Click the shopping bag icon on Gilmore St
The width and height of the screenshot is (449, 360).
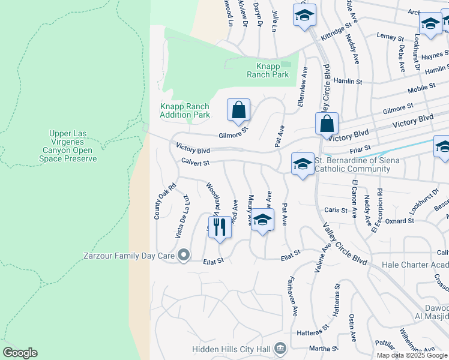(x=238, y=110)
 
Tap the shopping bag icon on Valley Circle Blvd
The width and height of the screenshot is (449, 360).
(x=327, y=124)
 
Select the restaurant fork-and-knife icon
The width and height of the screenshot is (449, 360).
(x=219, y=227)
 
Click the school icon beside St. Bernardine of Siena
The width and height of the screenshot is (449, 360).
(x=303, y=164)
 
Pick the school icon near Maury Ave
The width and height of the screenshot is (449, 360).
(x=262, y=220)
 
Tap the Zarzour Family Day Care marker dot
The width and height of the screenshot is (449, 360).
(x=184, y=256)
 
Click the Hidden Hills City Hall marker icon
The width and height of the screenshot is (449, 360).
(x=280, y=349)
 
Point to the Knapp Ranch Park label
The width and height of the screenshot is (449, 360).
(x=268, y=70)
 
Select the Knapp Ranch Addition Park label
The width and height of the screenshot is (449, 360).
(x=185, y=110)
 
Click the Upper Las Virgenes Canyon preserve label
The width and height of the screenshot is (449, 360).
(x=72, y=146)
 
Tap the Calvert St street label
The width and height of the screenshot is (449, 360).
(x=195, y=162)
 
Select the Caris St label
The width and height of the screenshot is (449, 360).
(x=336, y=211)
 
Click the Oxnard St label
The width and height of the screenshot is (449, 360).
(x=402, y=221)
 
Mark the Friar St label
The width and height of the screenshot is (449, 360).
(x=360, y=148)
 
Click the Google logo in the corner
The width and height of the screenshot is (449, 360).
(x=20, y=353)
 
